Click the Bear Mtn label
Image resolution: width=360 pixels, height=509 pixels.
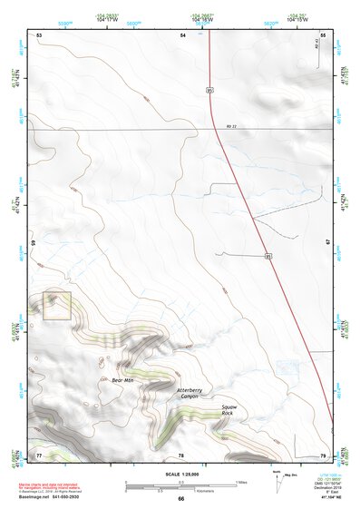pyautogui.click(x=122, y=379)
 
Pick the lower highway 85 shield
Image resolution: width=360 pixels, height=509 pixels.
pyautogui.click(x=268, y=256)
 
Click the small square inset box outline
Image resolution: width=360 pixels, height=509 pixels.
pyautogui.click(x=57, y=306)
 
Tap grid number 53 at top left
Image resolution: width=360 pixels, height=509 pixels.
pyautogui.click(x=39, y=34)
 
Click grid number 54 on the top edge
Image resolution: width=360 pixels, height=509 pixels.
pyautogui.click(x=182, y=34)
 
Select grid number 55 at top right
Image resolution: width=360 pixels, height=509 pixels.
pyautogui.click(x=324, y=34)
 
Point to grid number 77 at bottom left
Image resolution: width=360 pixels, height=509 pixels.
pyautogui.click(x=39, y=454)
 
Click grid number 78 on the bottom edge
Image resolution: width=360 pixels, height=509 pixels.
pyautogui.click(x=181, y=455)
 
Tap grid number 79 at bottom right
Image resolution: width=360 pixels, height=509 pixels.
pyautogui.click(x=324, y=454)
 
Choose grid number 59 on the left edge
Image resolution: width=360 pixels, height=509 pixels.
pyautogui.click(x=34, y=243)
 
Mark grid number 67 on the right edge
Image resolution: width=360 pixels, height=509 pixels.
pyautogui.click(x=327, y=243)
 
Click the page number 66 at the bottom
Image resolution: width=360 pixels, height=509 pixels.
pyautogui.click(x=180, y=498)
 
